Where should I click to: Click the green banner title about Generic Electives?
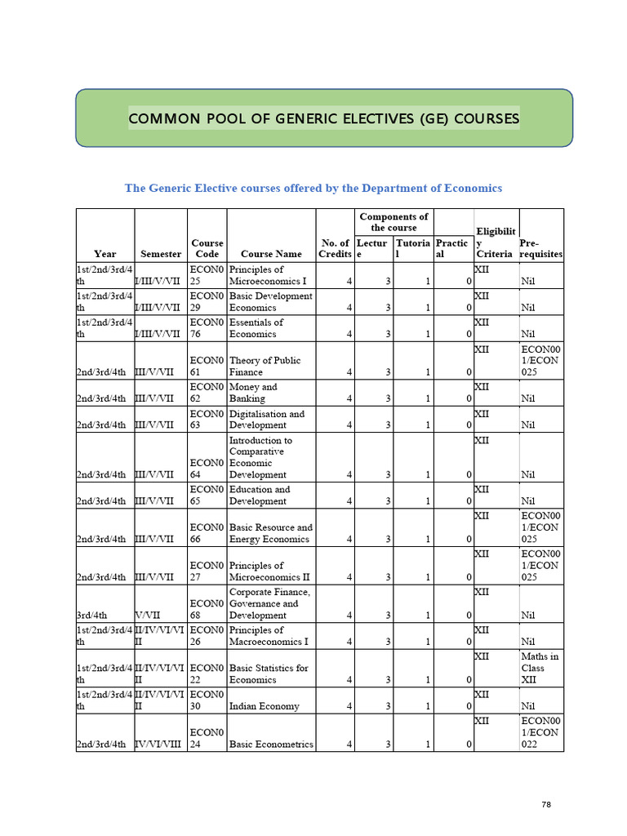click(324, 119)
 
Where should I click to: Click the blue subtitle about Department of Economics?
click(313, 189)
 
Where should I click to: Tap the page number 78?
click(546, 805)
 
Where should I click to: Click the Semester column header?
click(161, 254)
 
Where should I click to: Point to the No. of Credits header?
click(335, 248)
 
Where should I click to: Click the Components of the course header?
click(394, 222)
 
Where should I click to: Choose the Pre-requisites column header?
click(540, 248)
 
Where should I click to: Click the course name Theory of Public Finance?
click(265, 366)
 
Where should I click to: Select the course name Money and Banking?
click(253, 393)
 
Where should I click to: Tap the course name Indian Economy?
click(264, 706)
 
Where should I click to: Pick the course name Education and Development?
click(260, 495)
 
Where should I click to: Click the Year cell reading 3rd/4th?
click(92, 615)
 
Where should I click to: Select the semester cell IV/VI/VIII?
click(160, 744)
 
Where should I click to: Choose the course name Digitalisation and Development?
click(266, 420)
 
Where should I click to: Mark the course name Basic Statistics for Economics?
click(269, 674)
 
